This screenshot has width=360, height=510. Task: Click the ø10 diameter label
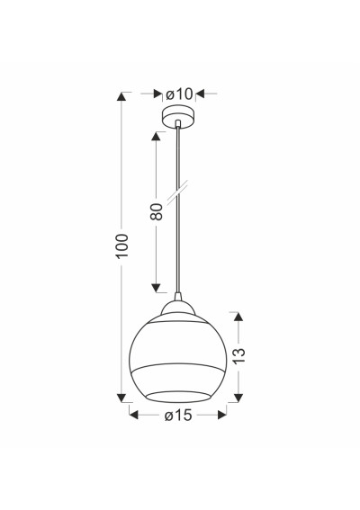point(179,94)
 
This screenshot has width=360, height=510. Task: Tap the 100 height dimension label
point(122,246)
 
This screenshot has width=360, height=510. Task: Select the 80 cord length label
point(157,211)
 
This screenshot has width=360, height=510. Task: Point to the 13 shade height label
point(238,356)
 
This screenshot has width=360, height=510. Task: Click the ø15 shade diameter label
point(178,416)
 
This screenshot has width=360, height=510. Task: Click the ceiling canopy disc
point(178,116)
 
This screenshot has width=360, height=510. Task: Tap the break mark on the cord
point(177,192)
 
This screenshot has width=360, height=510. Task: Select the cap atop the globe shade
point(178,307)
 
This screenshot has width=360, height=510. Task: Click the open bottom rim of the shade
point(177,397)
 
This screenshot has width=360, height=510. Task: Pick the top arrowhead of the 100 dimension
point(121,96)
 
